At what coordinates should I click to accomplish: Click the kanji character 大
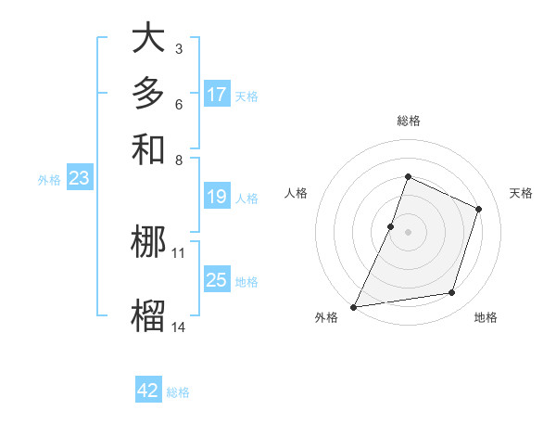pyautogui.click(x=148, y=39)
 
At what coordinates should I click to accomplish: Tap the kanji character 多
pyautogui.click(x=148, y=94)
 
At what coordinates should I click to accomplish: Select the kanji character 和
pyautogui.click(x=148, y=148)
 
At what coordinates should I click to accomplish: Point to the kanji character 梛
pyautogui.click(x=148, y=242)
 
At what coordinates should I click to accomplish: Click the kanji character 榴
pyautogui.click(x=148, y=316)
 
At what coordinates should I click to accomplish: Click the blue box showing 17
pyautogui.click(x=217, y=95)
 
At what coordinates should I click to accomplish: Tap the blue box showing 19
pyautogui.click(x=217, y=197)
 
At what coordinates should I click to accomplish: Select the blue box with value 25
pyautogui.click(x=217, y=280)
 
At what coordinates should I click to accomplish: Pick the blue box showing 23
pyautogui.click(x=79, y=179)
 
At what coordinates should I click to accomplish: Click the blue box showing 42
pyautogui.click(x=148, y=391)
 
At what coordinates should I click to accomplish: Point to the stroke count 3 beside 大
pyautogui.click(x=178, y=47)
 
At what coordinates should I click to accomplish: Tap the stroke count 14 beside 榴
pyautogui.click(x=179, y=327)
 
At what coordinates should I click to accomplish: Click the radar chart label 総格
pyautogui.click(x=409, y=121)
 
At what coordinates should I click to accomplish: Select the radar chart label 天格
pyautogui.click(x=521, y=193)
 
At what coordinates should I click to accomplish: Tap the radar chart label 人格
pyautogui.click(x=297, y=193)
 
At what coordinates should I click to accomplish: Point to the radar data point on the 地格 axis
pyautogui.click(x=452, y=293)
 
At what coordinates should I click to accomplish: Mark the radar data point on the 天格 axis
pyautogui.click(x=479, y=209)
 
